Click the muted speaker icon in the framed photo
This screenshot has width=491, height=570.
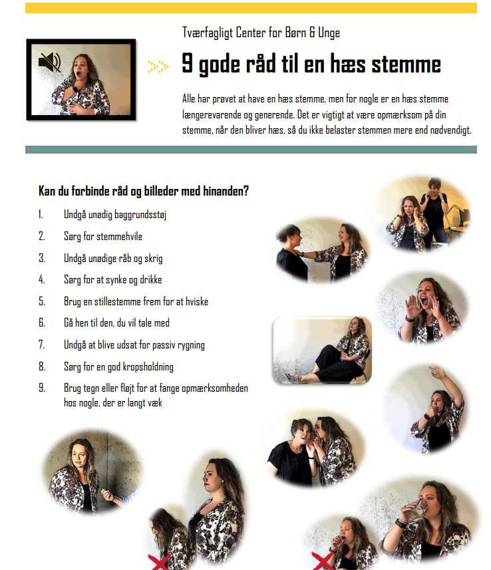coord(50,62)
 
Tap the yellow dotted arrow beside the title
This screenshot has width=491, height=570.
coord(158,67)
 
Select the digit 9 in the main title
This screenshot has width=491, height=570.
coord(188,63)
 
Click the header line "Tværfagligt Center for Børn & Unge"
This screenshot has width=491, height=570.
coord(261,33)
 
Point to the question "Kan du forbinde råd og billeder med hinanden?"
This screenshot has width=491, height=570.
coord(144,191)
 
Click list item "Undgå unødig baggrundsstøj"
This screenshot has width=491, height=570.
coord(115,214)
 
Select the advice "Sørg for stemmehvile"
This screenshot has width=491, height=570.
coord(103,236)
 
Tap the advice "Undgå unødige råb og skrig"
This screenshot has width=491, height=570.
coord(113,258)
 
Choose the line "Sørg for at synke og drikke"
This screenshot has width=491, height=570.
coord(112,279)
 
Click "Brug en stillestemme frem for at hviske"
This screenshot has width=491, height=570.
coord(136,301)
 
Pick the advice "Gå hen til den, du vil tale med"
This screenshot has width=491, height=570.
coord(116,323)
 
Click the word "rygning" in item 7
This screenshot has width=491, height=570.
coord(191,345)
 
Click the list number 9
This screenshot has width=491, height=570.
coord(42,388)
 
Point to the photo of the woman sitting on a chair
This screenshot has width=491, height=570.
coord(322,350)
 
